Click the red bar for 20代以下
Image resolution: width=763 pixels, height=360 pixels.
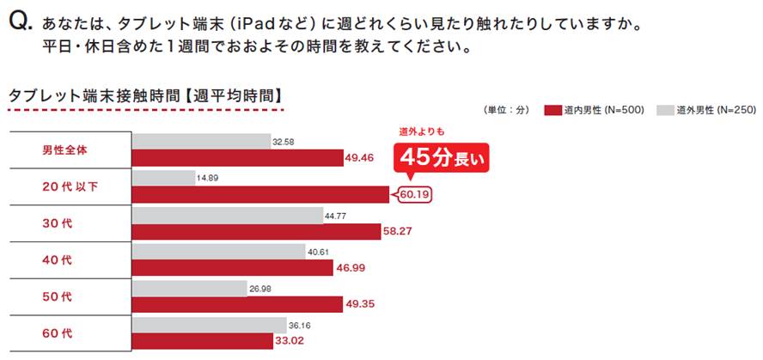pos(261,194)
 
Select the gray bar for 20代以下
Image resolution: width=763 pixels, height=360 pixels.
pos(162,178)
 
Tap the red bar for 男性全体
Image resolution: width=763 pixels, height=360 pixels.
pos(237,157)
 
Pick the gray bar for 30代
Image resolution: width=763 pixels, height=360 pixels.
pos(226,215)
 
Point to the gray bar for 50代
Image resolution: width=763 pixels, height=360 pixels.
pos(189,289)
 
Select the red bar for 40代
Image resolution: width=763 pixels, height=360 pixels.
pos(232,268)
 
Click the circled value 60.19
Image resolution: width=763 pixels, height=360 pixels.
pos(414,194)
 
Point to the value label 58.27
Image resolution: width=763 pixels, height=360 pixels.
pos(401,232)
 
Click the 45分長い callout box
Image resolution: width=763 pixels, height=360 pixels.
pos(441,157)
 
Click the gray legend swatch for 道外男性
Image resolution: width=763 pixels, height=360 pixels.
pos(663,110)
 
